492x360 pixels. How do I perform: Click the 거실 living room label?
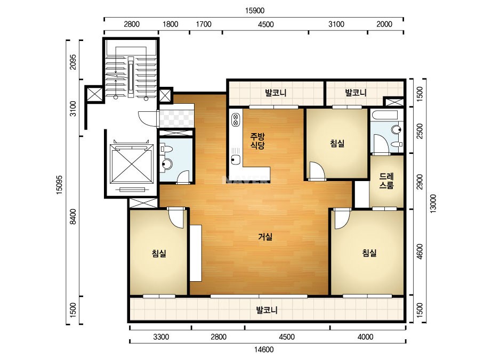coord(265,237)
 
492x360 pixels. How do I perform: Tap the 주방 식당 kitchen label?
coord(257,141)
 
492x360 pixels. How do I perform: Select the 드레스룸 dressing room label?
coord(386,181)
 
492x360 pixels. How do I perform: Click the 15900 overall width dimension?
coord(254,10)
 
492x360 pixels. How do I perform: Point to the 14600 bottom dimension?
coord(264,349)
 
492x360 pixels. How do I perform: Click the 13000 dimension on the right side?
coord(433,203)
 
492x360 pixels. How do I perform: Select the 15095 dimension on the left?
coord(59,185)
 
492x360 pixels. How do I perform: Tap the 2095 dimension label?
coord(73,62)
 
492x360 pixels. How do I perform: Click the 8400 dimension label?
coord(73,216)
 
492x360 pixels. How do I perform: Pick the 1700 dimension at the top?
coord(204,24)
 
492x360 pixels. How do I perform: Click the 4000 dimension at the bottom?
coord(366,337)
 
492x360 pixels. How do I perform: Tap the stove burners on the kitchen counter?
coord(235,120)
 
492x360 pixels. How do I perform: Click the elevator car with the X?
coord(132,163)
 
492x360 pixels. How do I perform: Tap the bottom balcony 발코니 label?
coord(267,310)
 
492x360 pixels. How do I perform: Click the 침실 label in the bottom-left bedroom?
coord(159,253)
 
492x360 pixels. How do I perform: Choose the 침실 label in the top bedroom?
coord(337,143)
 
